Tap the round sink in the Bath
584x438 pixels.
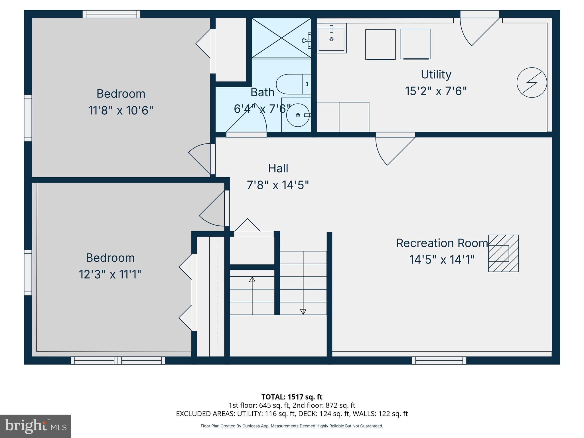pos(298,115)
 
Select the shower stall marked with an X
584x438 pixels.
pos(281,38)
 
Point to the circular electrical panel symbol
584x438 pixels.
pos(532,82)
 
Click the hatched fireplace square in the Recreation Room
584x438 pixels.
pos(503,253)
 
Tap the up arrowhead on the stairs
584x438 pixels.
pos(252,279)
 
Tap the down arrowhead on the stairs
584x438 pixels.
pos(303,312)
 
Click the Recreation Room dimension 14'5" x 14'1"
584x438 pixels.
pos(442,260)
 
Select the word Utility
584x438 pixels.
pos(436,74)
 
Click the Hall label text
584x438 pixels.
pos(278,168)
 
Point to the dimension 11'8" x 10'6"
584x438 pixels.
pos(121,110)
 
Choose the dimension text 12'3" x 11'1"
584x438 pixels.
pos(110,275)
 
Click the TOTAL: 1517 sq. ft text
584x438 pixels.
pos(292,397)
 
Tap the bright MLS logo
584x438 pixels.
pos(35,426)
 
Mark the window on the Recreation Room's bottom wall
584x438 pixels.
pos(439,361)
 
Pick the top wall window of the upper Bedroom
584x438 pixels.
pos(111,14)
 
